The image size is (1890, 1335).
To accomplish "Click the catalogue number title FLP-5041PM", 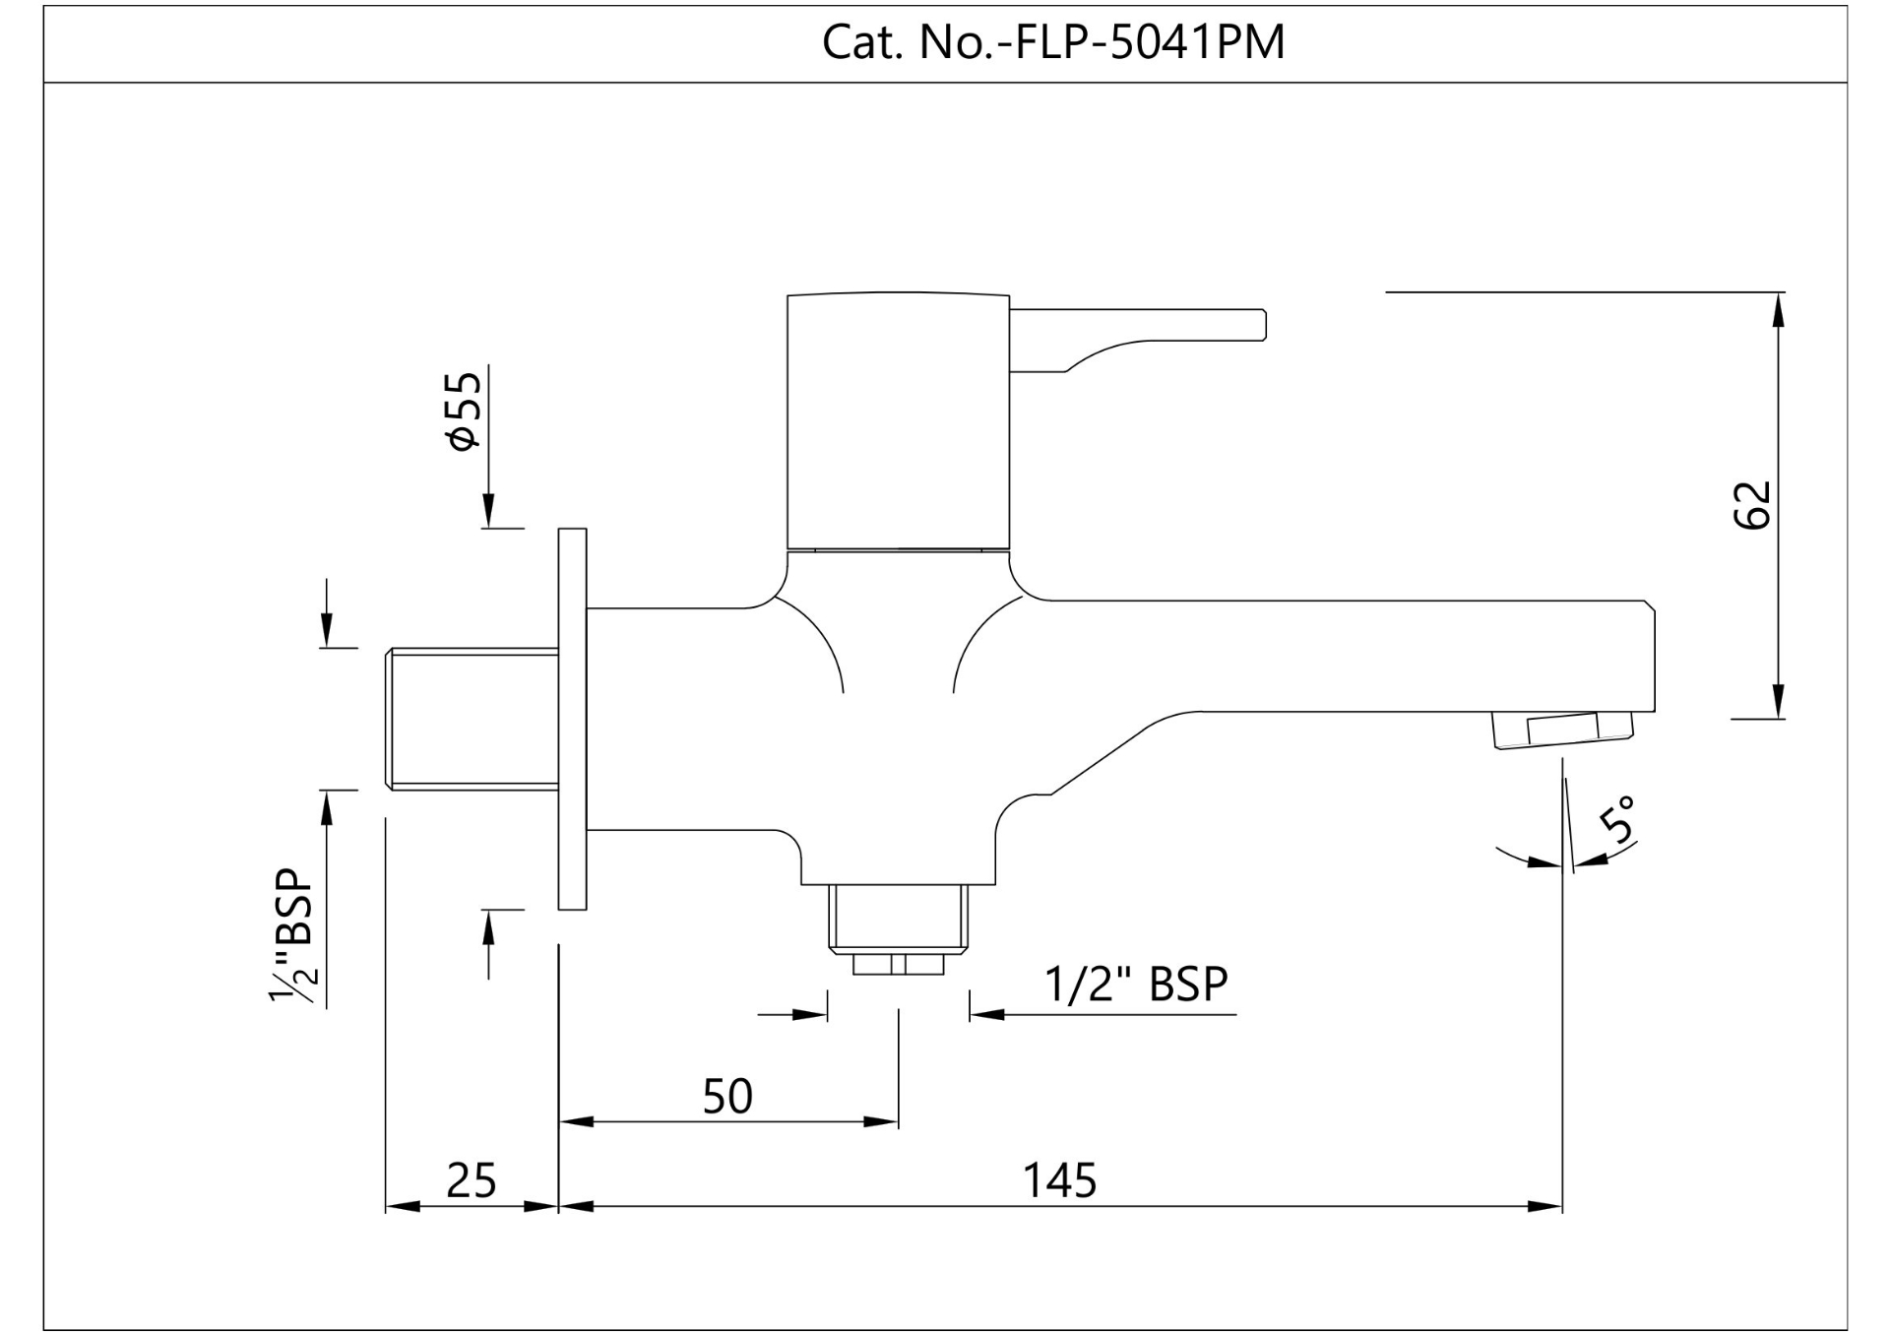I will [1053, 42].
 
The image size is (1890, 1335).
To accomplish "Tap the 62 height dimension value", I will [1752, 505].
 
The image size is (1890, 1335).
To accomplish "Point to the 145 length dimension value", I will [1059, 1179].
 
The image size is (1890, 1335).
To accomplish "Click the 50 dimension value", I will [727, 1096].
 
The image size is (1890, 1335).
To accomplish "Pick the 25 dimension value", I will [471, 1179].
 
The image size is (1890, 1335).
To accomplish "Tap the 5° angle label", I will [1618, 819].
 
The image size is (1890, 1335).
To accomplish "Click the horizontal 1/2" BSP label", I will [1136, 984].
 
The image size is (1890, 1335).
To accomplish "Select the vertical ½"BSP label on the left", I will [293, 935].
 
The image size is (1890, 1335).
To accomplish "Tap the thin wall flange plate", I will [572, 719].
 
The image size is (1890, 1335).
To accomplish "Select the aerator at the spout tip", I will [1562, 730].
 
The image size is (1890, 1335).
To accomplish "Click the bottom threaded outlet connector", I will [898, 925].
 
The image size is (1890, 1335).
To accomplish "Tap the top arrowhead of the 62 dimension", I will [1778, 309].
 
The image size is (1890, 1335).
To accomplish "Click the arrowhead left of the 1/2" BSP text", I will [985, 1014].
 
